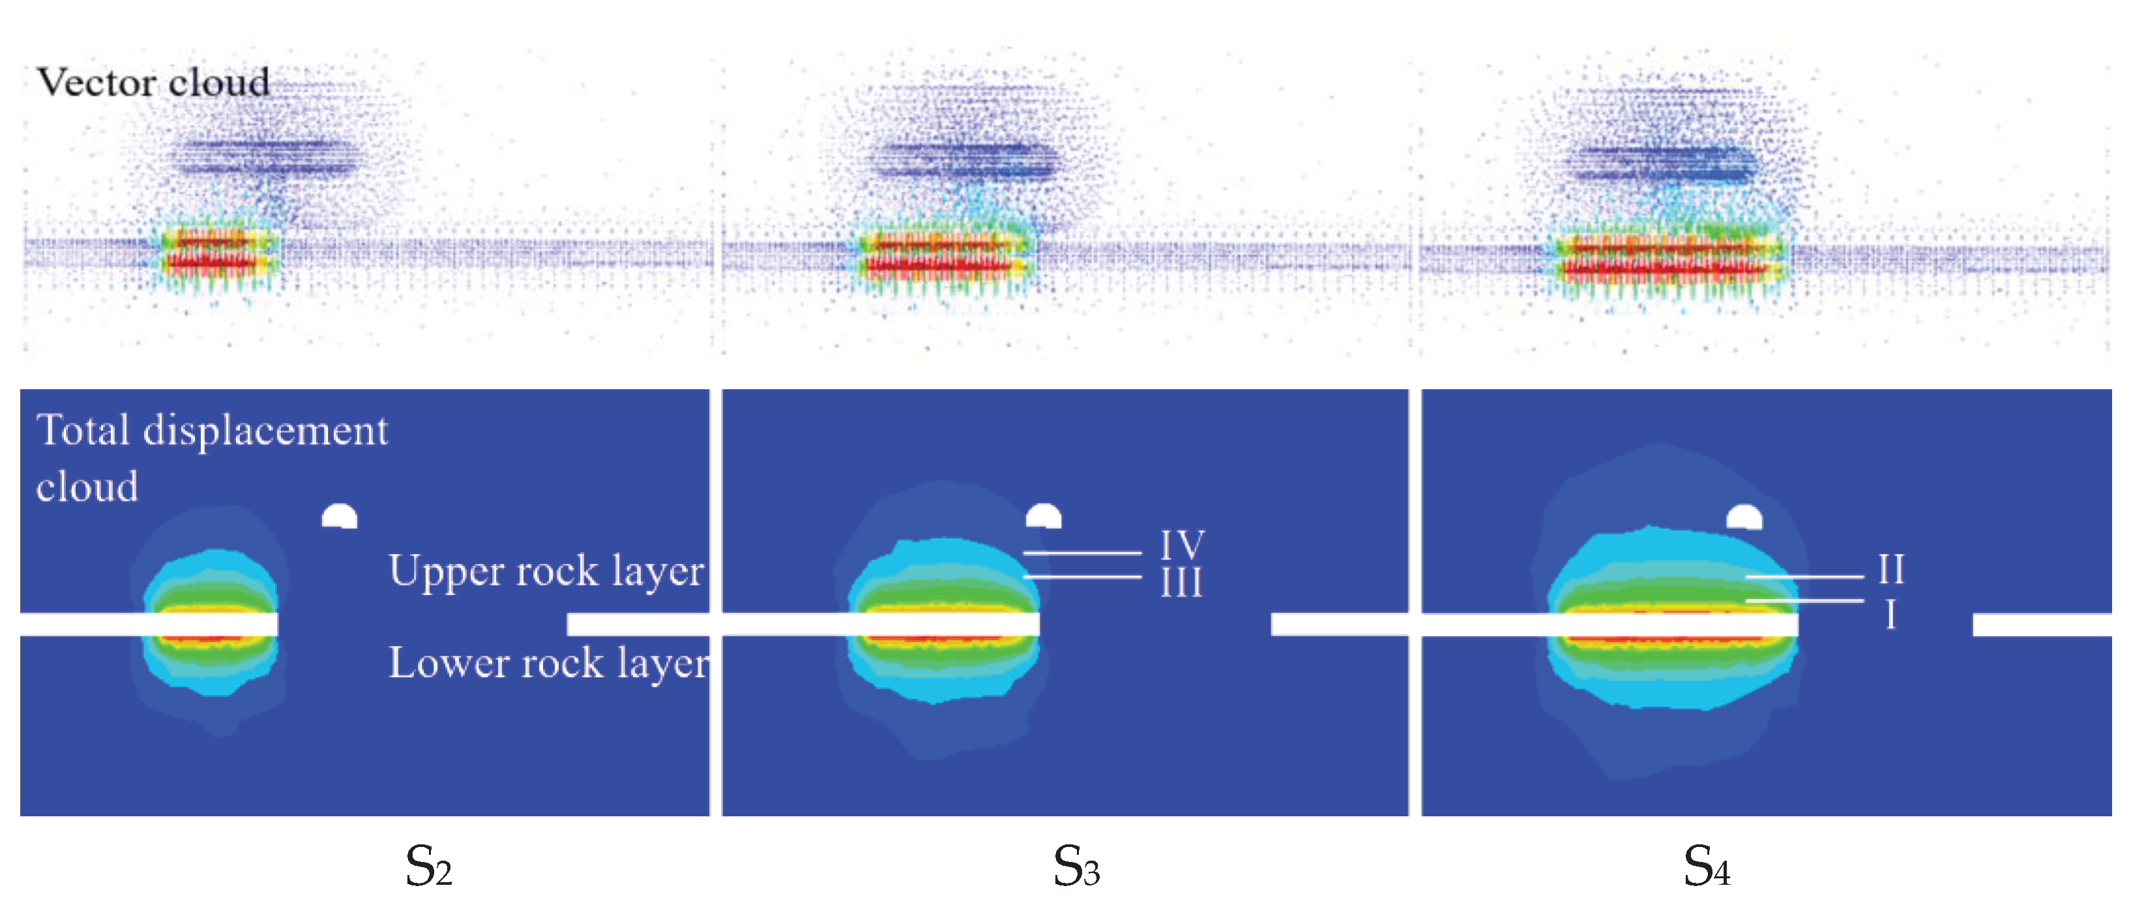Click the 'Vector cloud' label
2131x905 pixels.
coord(153,83)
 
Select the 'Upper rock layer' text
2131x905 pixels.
coord(546,571)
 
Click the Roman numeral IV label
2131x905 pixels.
coord(1182,545)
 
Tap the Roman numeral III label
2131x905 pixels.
coord(1181,583)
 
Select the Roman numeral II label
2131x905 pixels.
coord(1891,569)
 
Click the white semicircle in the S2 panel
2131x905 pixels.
coord(339,518)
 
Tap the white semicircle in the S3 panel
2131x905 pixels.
coord(1043,517)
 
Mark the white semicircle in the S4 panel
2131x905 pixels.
coord(1744,518)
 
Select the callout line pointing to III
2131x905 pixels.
coord(1082,576)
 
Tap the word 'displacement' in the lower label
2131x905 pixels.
coord(265,431)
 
